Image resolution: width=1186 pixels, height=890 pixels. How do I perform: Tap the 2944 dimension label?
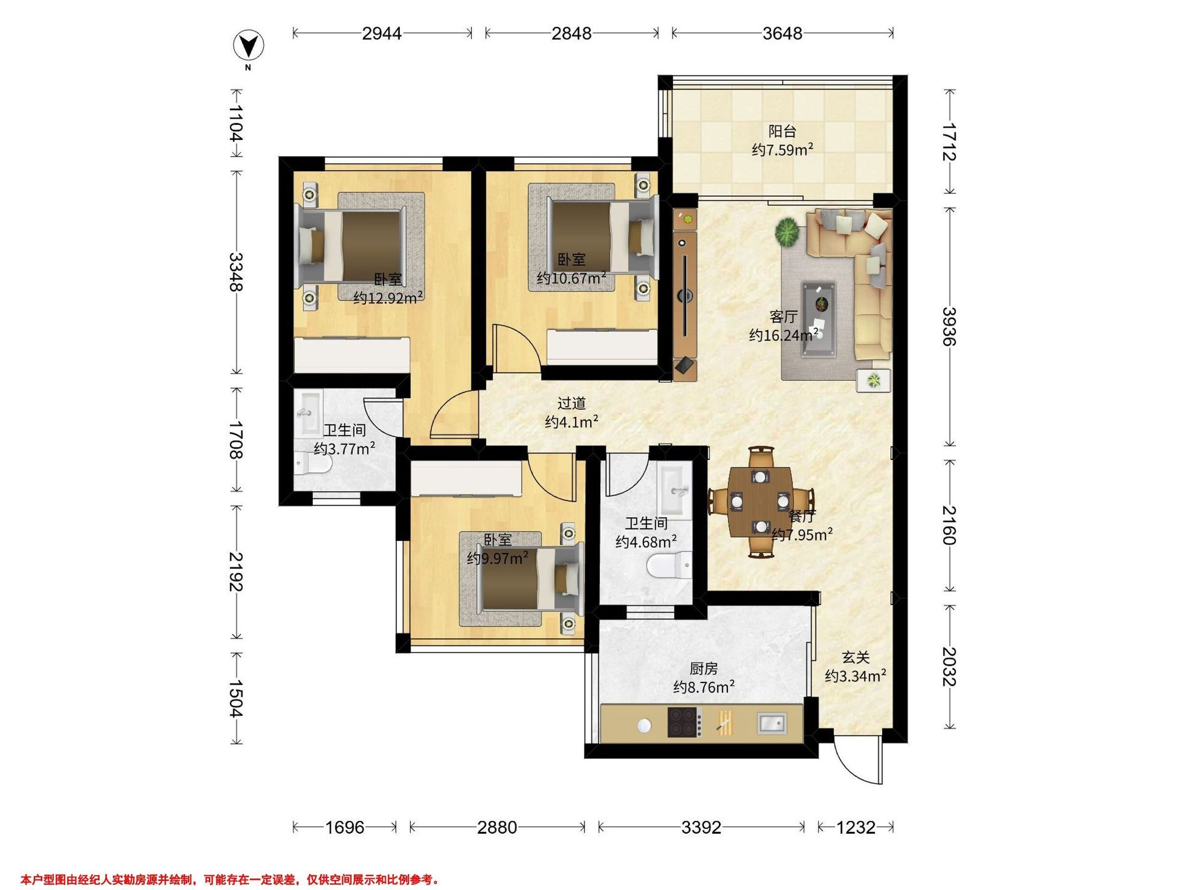382,33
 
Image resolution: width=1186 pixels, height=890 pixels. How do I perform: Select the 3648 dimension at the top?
782,33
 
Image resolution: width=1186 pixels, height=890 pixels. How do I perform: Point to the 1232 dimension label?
856,827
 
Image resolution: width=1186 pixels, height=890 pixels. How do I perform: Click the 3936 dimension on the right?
950,326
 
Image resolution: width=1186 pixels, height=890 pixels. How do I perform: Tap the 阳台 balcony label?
782,131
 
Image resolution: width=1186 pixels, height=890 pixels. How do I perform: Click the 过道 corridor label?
572,403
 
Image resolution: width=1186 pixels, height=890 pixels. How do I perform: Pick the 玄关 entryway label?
855,657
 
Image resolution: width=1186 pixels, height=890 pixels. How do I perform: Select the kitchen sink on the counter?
772,722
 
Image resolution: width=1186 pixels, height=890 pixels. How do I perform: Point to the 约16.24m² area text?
783,335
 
